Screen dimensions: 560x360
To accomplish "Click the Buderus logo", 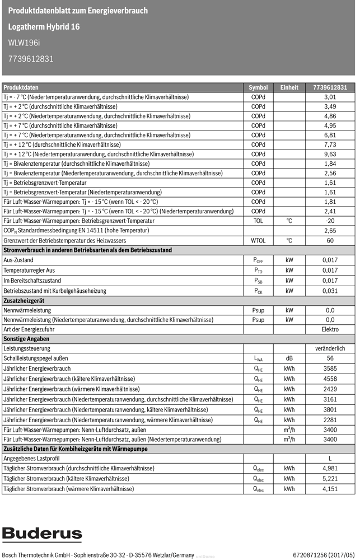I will point(42,534).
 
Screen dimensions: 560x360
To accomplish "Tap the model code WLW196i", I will point(24,42).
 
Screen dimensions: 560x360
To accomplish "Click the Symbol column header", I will point(258,88).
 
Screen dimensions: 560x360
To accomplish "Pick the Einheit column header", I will point(289,88).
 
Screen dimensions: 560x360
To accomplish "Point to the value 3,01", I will point(330,97).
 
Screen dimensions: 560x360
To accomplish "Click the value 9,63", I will point(330,154).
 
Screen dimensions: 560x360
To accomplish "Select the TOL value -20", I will point(330,221).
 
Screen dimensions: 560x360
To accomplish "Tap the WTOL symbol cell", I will point(258,240).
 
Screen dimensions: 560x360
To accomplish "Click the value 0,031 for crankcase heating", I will point(330,291).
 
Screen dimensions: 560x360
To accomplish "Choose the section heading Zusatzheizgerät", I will point(25,301).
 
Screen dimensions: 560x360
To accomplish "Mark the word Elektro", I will point(330,329).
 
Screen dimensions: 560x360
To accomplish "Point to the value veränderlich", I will point(330,348).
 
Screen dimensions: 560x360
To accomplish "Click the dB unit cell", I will point(289,358).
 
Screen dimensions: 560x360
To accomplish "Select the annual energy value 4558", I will point(330,379).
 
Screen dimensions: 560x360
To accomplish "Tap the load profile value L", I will point(330,459).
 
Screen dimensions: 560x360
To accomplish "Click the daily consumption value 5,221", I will point(330,479).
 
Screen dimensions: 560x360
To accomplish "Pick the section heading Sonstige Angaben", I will point(26,339).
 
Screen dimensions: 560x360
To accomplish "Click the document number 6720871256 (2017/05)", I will point(324,555).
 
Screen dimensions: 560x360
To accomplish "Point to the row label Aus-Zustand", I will point(18,260).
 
